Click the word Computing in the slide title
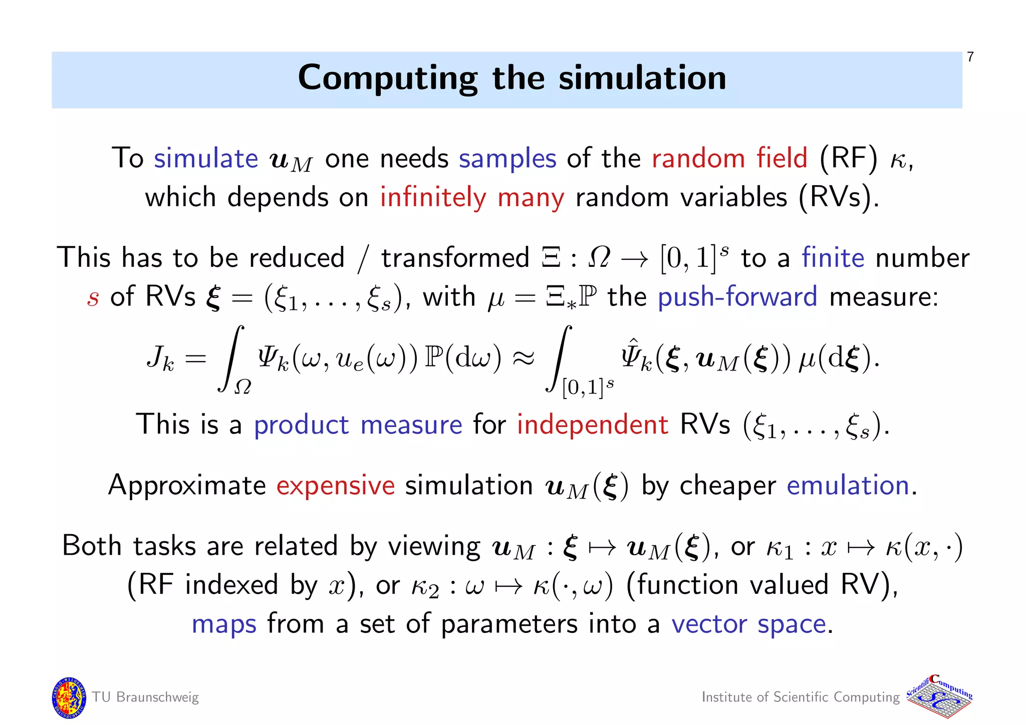coord(388,79)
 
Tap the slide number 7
coord(970,57)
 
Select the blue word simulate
coord(205,159)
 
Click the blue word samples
coord(507,160)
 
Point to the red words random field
coord(729,159)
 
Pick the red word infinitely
coord(433,198)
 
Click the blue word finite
coord(833,258)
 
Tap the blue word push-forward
coord(737,296)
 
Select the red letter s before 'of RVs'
coord(93,298)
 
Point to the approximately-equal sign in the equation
coord(524,358)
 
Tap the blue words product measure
coord(358,425)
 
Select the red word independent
coord(592,425)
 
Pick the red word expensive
coord(335,486)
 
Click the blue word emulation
coord(848,486)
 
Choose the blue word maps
coord(224,625)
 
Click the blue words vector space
coord(748,625)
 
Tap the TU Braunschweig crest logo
coord(69,697)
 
